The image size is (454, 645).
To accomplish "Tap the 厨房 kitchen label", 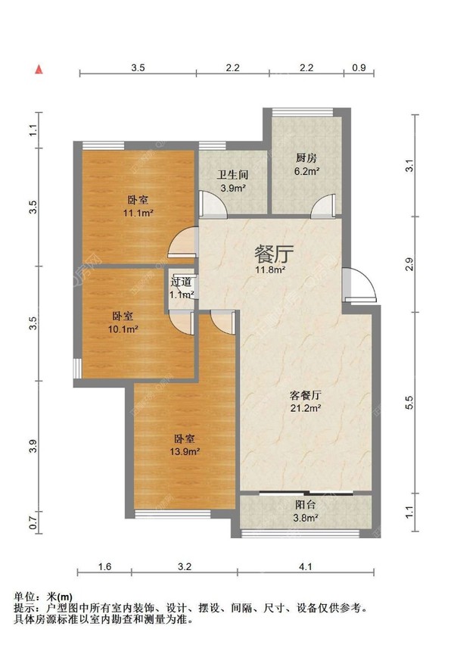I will coord(306,159).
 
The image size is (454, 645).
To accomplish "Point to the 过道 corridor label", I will coord(181,282).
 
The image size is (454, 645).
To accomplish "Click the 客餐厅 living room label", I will coord(306,396).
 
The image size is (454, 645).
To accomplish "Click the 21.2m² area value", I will coord(306,409).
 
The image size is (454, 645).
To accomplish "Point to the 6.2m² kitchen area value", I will coord(306,172).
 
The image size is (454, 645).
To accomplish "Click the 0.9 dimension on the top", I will coord(359,68).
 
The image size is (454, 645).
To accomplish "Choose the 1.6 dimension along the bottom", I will coord(105,566).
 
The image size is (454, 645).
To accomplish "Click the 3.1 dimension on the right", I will coord(409,166).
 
